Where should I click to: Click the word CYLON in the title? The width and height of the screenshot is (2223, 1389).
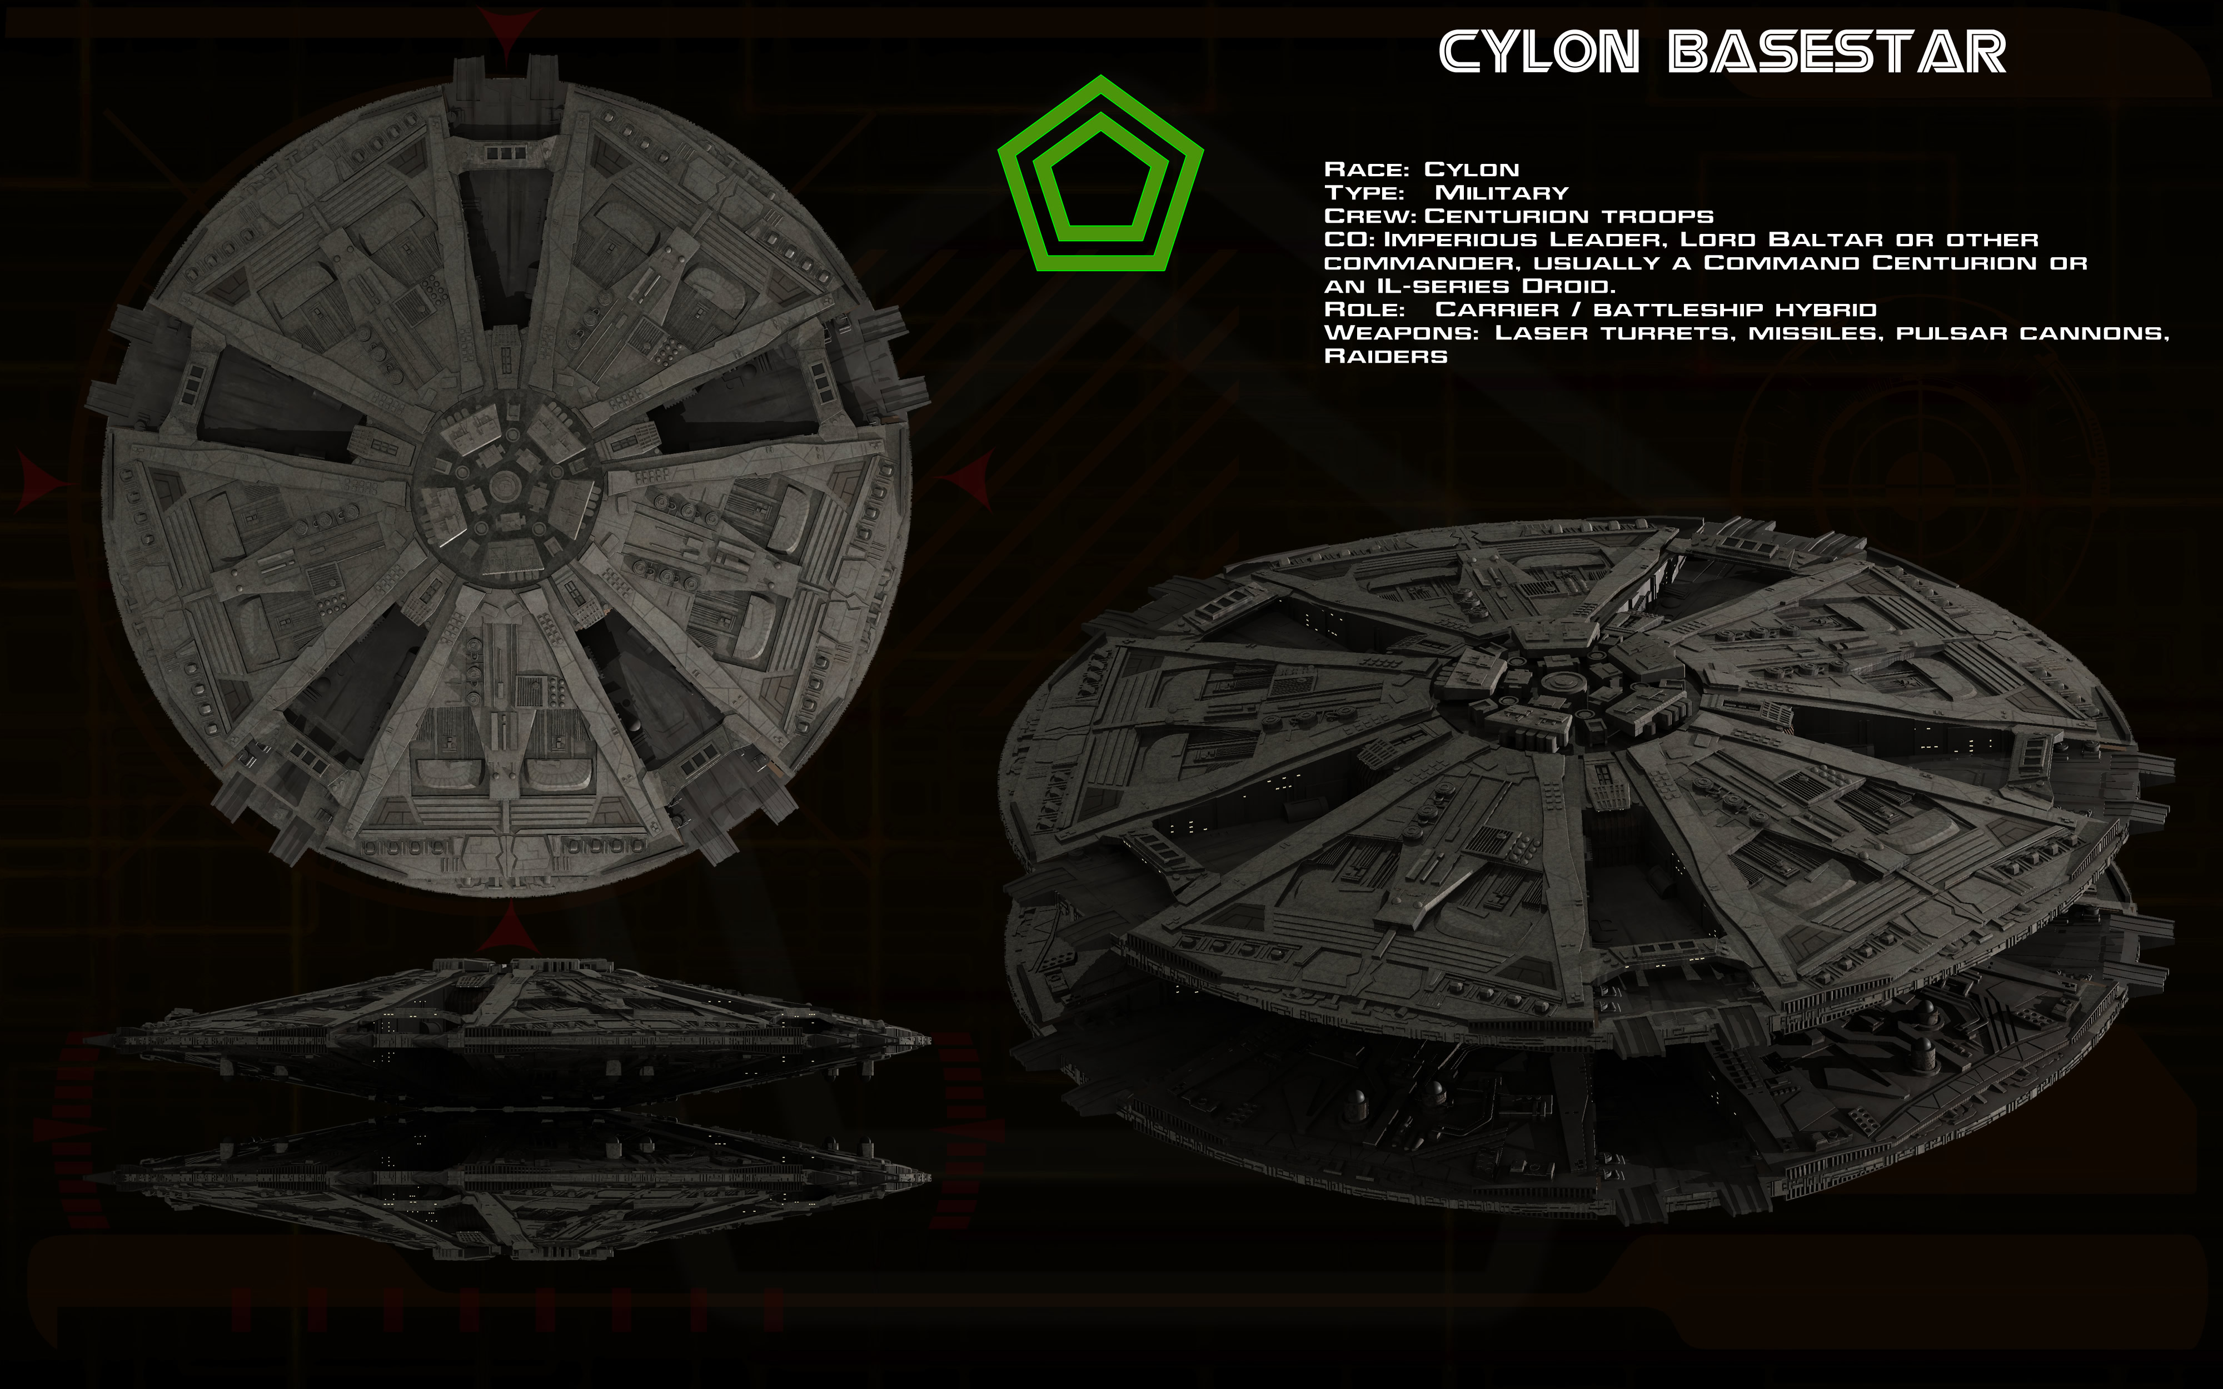pos(1539,52)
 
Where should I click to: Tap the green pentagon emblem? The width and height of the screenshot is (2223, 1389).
pos(1100,174)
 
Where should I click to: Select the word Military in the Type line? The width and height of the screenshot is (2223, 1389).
pos(1501,193)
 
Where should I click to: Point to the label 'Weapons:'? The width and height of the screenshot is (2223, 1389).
pos(1401,333)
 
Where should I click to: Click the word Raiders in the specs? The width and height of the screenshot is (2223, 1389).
pos(1385,357)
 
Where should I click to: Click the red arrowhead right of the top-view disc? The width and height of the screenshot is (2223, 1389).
pos(972,479)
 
